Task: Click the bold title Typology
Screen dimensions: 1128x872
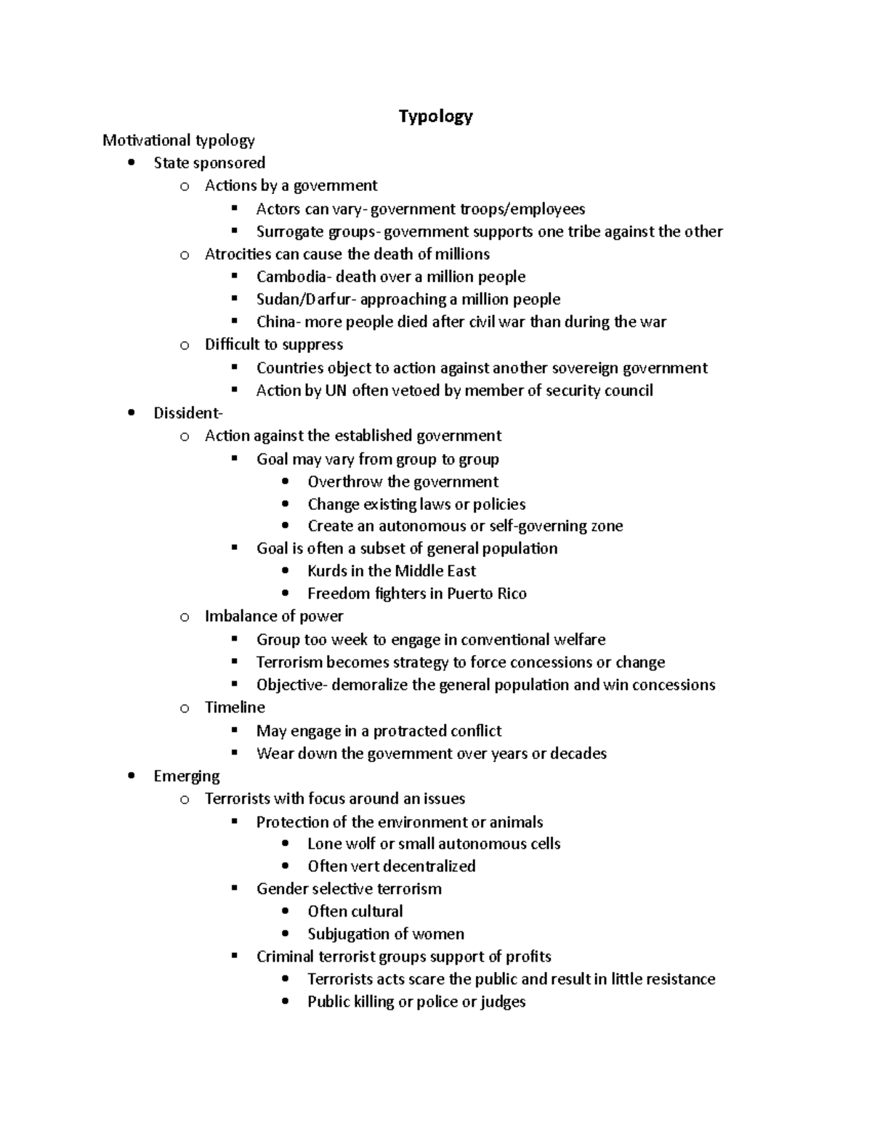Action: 435,116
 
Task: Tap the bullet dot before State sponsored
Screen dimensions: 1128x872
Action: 131,163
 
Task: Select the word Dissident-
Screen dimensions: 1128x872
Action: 188,413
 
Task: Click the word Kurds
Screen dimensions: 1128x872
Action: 327,571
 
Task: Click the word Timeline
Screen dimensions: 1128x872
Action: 235,707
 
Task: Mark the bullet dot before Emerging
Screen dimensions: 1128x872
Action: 131,776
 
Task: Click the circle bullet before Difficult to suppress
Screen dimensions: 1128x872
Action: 185,346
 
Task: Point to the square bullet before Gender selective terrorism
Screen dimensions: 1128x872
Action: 234,888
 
